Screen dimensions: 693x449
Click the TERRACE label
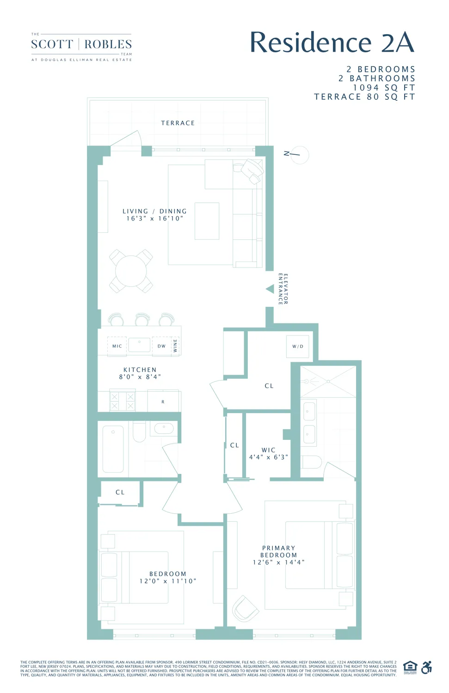tap(178, 123)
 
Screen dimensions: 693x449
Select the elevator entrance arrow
tap(270, 289)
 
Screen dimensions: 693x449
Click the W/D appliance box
tap(298, 346)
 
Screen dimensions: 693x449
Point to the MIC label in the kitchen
tap(117, 346)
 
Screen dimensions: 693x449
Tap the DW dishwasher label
tap(161, 346)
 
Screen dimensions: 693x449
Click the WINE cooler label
tap(175, 346)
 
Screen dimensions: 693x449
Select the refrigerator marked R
tap(163, 401)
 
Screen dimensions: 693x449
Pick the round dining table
tap(131, 271)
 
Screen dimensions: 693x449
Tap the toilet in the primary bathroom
tap(311, 462)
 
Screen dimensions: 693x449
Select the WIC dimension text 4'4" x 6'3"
tap(268, 457)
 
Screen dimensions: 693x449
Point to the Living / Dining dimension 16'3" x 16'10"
tap(155, 219)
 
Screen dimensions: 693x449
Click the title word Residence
tap(310, 43)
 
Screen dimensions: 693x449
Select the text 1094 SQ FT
tap(384, 88)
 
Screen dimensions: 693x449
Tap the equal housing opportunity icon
tap(410, 668)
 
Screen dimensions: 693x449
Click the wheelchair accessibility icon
tap(427, 668)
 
